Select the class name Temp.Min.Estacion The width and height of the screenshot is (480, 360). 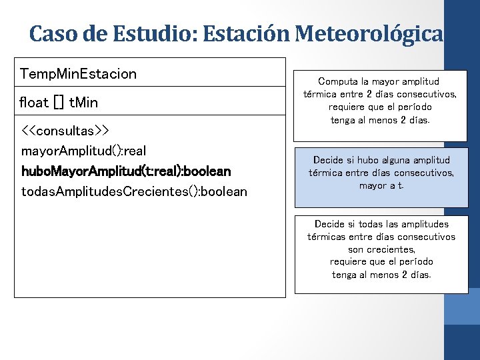click(78, 73)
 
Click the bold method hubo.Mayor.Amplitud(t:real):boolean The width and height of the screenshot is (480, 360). click(126, 171)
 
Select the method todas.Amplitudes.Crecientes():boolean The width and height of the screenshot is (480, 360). click(134, 192)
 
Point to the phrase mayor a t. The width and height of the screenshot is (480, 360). click(381, 186)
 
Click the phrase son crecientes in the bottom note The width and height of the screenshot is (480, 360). click(381, 249)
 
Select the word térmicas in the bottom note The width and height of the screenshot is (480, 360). click(330, 237)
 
